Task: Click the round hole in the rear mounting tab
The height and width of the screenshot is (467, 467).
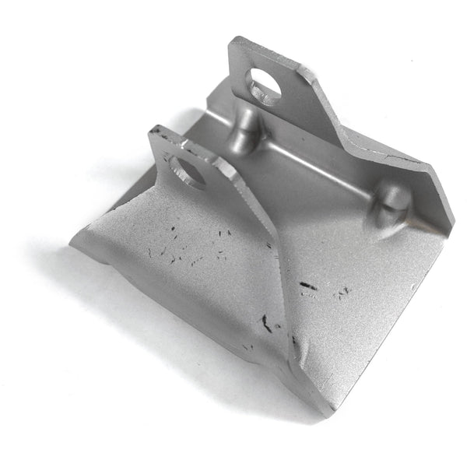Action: click(x=262, y=83)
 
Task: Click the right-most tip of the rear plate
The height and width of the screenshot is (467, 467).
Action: click(x=452, y=226)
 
